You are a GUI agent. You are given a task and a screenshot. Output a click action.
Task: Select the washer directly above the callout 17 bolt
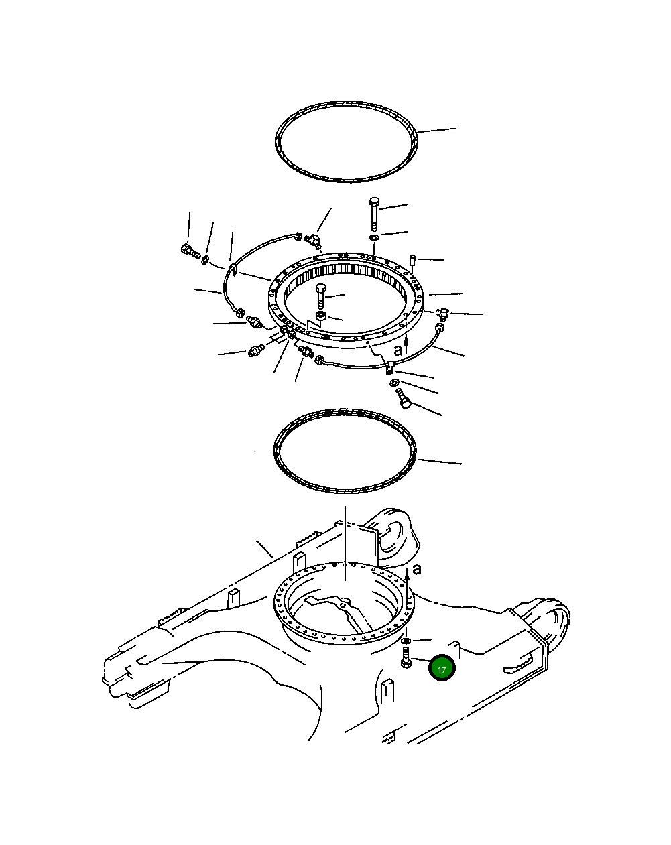406,641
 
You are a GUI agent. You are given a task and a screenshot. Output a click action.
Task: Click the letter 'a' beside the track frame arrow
417,569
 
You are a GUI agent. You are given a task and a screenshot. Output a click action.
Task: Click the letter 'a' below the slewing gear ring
398,350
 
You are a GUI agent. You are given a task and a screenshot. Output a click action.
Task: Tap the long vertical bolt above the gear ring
375,215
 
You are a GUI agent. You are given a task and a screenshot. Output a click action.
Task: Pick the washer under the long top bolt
373,237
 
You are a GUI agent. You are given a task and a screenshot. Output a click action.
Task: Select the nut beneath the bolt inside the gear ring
321,315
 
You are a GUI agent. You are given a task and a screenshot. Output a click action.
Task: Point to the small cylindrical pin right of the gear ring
412,260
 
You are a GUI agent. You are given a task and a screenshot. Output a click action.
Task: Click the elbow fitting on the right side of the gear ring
442,313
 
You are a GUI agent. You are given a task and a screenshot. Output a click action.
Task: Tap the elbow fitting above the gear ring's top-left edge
314,239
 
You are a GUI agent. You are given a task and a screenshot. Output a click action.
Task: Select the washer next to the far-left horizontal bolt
205,259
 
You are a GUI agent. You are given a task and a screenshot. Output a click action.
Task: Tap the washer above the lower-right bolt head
394,382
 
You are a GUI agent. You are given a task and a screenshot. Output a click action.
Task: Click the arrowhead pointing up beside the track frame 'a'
408,572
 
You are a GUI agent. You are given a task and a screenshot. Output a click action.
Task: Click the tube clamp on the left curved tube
233,269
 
